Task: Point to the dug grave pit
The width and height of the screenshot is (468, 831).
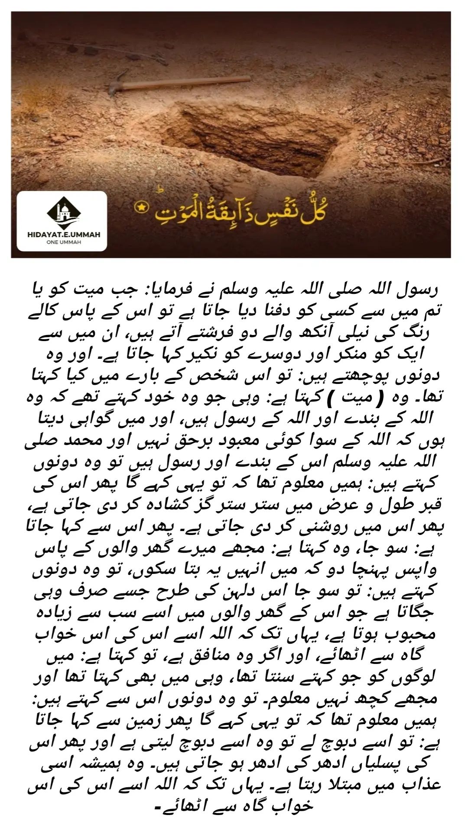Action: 260,134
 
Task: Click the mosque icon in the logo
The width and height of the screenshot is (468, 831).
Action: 62,213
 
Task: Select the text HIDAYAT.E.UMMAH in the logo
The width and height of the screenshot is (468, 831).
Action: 62,234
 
